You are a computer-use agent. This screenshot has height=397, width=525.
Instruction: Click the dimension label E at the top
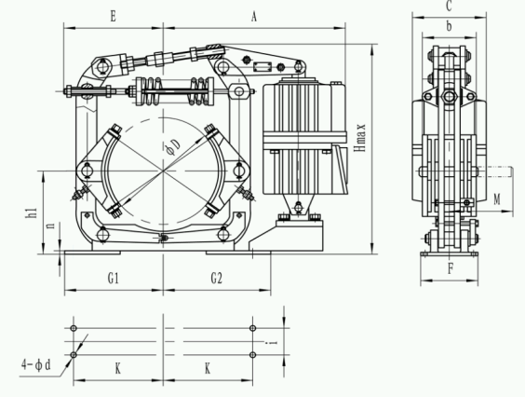114,16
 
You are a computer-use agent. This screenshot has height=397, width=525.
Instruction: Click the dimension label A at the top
254,16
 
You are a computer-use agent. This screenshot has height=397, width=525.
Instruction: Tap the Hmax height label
361,138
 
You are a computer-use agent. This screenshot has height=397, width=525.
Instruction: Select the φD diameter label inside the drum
173,146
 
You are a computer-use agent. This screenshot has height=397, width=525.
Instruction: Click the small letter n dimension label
50,225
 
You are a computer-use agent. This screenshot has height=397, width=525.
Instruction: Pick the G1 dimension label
114,278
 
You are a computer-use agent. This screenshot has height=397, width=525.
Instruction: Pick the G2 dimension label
216,278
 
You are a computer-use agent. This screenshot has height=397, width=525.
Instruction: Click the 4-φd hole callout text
36,364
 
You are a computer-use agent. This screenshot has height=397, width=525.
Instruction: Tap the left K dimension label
118,369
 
